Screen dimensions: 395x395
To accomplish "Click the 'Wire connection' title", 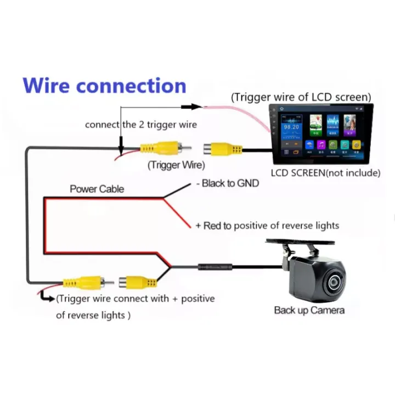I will click(x=105, y=86).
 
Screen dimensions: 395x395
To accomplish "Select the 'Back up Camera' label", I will click(x=309, y=311).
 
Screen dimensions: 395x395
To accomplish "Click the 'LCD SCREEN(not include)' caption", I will click(x=325, y=173).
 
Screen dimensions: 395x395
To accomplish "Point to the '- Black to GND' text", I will click(x=228, y=183).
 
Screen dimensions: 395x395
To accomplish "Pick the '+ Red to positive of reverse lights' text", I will click(x=267, y=225).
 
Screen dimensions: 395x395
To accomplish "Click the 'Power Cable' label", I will click(x=97, y=189).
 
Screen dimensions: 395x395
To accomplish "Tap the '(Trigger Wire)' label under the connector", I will click(x=176, y=165).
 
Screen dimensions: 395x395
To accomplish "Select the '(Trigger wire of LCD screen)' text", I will click(x=301, y=97).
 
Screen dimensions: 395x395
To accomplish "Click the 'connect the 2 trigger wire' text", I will click(x=140, y=125).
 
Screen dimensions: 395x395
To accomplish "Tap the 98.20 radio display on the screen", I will click(x=291, y=127).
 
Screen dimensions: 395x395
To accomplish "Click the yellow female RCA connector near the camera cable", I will click(x=140, y=283).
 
